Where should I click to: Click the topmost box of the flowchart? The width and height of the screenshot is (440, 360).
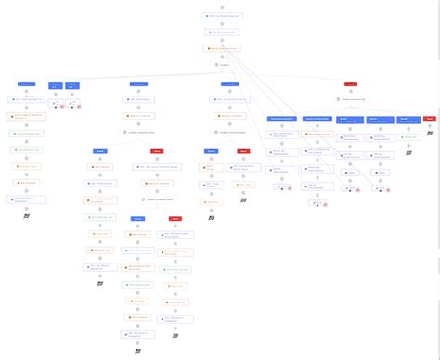(221, 17)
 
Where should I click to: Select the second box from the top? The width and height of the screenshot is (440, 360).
(221, 32)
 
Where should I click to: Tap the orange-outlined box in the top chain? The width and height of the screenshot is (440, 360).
(221, 48)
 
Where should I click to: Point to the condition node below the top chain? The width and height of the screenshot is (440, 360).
(221, 65)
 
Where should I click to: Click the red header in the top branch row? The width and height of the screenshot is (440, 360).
(350, 84)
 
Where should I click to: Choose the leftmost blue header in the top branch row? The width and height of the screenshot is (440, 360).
(27, 84)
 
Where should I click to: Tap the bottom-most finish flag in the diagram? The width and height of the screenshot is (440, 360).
(137, 351)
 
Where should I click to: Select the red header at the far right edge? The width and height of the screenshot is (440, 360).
(429, 119)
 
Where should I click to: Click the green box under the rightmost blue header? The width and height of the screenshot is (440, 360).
(408, 137)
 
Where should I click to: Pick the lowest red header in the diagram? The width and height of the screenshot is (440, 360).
(175, 219)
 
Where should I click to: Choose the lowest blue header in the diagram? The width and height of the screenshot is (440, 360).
(137, 219)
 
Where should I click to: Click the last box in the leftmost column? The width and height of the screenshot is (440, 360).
(28, 199)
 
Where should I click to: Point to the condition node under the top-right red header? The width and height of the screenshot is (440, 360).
(350, 99)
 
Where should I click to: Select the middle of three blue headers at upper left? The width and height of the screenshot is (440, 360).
(55, 84)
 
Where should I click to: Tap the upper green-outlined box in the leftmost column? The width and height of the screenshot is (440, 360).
(28, 134)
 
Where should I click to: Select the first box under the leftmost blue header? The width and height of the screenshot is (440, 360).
(28, 100)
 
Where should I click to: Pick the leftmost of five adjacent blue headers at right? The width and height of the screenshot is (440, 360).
(281, 119)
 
